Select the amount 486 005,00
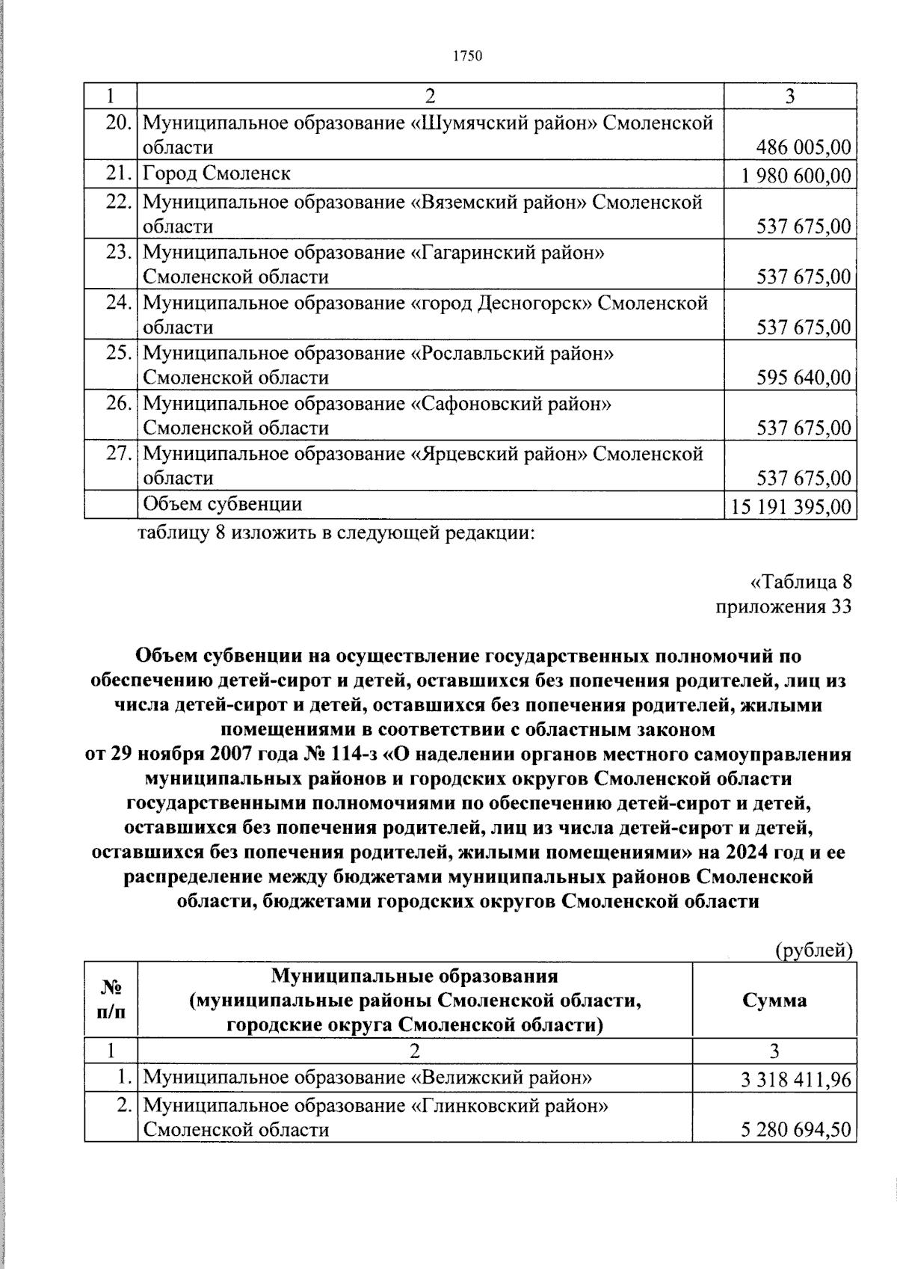(x=803, y=147)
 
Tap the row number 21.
(x=119, y=173)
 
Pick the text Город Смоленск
(x=217, y=173)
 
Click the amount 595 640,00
(x=803, y=378)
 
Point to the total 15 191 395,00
(x=792, y=507)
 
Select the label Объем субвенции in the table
(x=222, y=504)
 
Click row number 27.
(x=119, y=454)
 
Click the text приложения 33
(x=783, y=606)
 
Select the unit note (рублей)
(x=813, y=950)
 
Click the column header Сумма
(x=774, y=1000)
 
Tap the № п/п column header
(x=111, y=1000)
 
